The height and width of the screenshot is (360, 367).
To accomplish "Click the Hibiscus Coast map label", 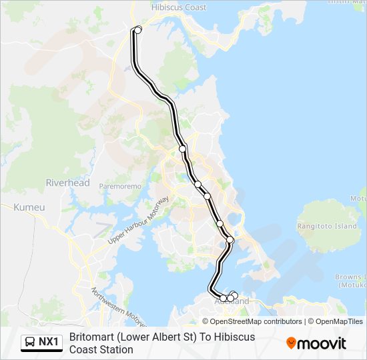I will [179, 7].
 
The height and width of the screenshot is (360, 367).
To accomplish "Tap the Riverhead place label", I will [67, 183].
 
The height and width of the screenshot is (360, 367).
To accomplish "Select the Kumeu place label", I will [29, 207].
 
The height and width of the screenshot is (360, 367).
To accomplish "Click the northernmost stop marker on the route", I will [138, 29].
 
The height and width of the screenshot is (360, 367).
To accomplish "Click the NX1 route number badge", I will [49, 342].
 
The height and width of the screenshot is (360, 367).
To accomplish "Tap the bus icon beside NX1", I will [30, 342].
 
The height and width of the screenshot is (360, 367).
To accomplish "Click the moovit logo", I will [316, 343].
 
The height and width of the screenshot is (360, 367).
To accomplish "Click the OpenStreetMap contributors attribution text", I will [247, 321].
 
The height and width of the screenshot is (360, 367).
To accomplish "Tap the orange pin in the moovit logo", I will [291, 343].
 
